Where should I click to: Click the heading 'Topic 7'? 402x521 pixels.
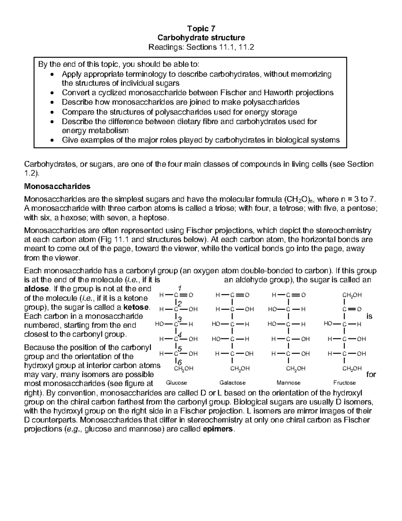pyautogui.click(x=201, y=29)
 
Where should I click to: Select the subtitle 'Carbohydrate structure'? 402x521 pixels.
pyautogui.click(x=201, y=38)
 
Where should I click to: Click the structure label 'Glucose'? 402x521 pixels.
pyautogui.click(x=177, y=383)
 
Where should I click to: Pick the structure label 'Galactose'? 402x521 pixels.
pyautogui.click(x=232, y=383)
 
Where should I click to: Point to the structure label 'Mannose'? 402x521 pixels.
pyautogui.click(x=288, y=383)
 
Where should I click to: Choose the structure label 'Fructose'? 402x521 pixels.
pyautogui.click(x=344, y=383)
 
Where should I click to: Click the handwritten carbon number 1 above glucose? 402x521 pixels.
pyautogui.click(x=180, y=288)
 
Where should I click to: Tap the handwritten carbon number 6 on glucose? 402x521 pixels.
pyautogui.click(x=180, y=362)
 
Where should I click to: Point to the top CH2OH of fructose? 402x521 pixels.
pyautogui.click(x=352, y=295)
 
